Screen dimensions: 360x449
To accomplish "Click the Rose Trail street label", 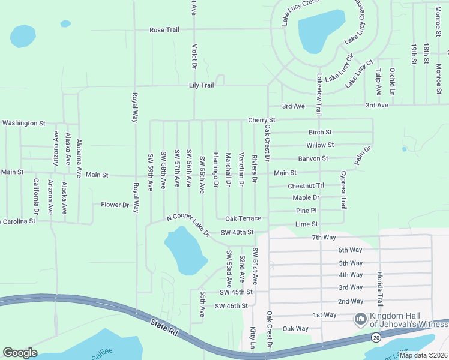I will [x=164, y=30].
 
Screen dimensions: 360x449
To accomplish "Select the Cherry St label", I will [x=261, y=120].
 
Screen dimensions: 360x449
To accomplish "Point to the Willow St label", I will [x=319, y=145].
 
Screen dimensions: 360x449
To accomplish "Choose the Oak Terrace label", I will [x=243, y=218].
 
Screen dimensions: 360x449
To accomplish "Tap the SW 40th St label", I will [x=237, y=232].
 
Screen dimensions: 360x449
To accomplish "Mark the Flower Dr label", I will [x=115, y=205].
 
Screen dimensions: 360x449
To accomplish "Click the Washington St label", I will [x=23, y=123].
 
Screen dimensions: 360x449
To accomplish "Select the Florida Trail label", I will [x=379, y=288].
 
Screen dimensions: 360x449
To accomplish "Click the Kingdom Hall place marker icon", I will [x=361, y=318].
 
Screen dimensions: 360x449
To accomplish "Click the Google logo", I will [x=20, y=353].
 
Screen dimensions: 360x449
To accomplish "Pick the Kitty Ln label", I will [x=252, y=338].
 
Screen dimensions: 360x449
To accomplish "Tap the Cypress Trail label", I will [x=343, y=190].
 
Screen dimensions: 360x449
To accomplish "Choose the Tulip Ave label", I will [x=378, y=82].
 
